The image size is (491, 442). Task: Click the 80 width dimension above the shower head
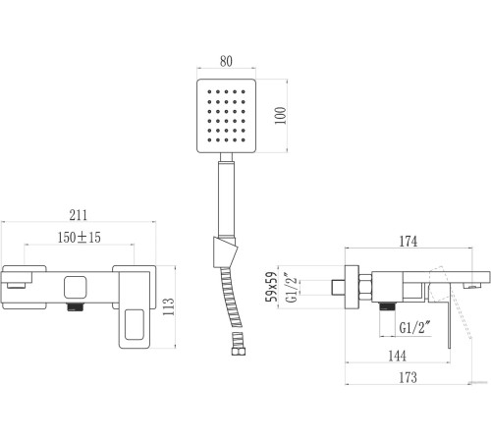click(x=226, y=61)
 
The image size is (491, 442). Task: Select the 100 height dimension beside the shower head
click(x=280, y=115)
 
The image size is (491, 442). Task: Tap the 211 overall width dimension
click(x=79, y=215)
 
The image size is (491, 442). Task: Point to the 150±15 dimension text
click(x=80, y=238)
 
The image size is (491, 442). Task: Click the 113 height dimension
click(x=169, y=306)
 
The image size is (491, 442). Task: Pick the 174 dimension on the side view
click(x=409, y=242)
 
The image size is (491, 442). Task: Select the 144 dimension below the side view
click(x=397, y=356)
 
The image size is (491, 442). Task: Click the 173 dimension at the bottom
click(x=408, y=377)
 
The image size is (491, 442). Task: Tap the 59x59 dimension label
click(x=272, y=287)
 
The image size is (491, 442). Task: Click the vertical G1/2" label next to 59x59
click(x=292, y=288)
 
